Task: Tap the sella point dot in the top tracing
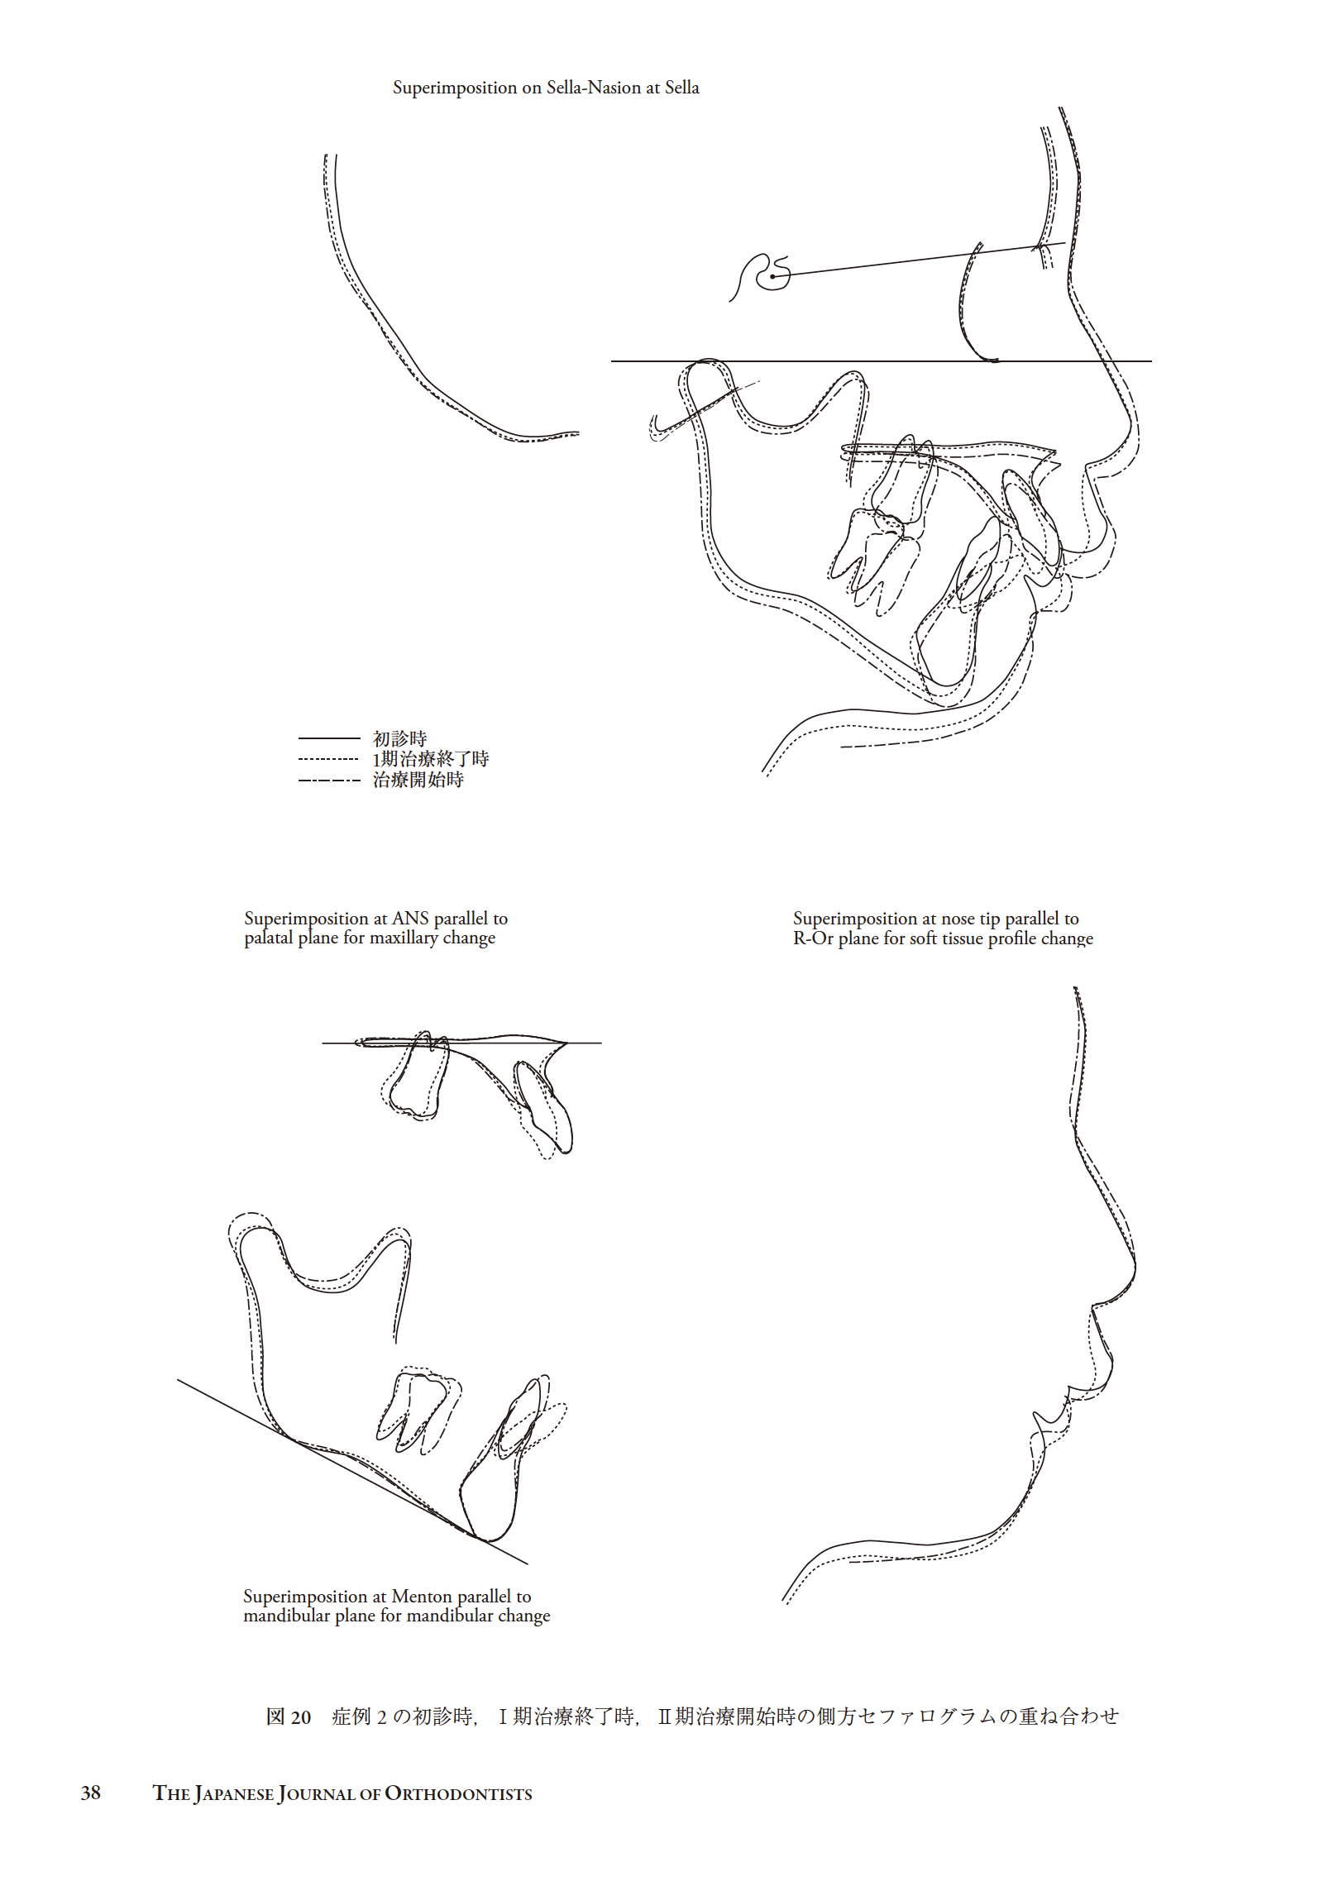(772, 276)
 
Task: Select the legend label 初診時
(399, 738)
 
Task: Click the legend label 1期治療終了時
(430, 759)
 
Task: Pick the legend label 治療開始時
(418, 780)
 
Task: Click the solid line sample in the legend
(329, 738)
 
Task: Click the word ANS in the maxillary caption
(410, 919)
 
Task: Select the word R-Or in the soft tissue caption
(813, 938)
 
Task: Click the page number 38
(91, 1792)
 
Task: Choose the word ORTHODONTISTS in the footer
(458, 1793)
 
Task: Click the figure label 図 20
(289, 1716)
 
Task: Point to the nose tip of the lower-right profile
(1134, 1264)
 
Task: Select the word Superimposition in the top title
(455, 88)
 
